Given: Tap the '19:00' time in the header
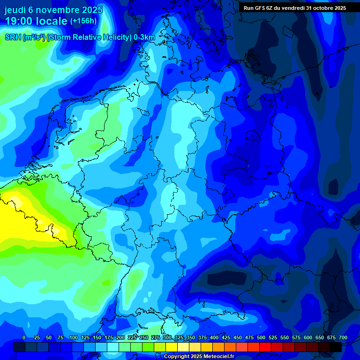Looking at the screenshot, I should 18,21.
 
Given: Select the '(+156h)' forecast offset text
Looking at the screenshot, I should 83,21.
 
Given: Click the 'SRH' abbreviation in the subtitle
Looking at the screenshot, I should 13,37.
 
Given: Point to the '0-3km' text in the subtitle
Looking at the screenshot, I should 145,37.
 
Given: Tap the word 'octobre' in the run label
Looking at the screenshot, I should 325,8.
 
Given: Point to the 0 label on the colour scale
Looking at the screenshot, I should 24,338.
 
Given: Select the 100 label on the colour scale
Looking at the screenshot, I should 74,338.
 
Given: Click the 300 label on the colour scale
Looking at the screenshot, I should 167,338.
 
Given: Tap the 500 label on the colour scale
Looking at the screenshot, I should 261,338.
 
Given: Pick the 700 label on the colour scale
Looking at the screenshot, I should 343,338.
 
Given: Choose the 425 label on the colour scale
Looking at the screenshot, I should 226,338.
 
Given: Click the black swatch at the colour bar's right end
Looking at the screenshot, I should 336,347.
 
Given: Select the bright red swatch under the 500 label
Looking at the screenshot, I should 265,347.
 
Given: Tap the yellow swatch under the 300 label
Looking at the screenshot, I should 172,347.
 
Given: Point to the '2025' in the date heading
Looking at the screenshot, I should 93,9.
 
